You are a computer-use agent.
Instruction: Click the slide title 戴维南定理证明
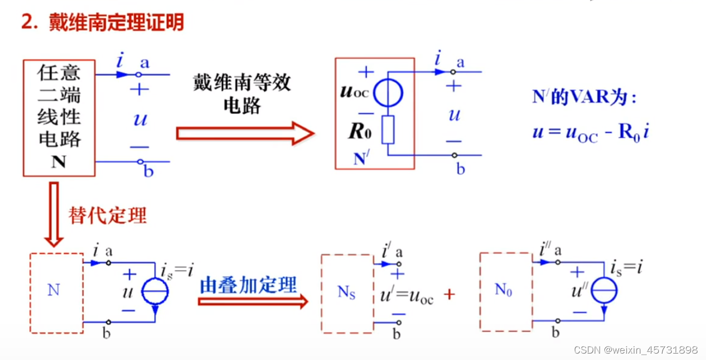[x=102, y=23]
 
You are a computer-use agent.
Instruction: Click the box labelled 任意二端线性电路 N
[x=59, y=118]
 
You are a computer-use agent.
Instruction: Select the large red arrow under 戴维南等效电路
[x=245, y=133]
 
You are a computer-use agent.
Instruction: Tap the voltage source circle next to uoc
[x=388, y=94]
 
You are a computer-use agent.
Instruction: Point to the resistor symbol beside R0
[x=388, y=129]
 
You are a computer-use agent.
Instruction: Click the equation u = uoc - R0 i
[x=590, y=132]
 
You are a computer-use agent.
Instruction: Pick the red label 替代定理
[x=107, y=215]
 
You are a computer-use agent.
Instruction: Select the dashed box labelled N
[x=56, y=293]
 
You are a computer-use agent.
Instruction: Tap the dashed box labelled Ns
[x=347, y=293]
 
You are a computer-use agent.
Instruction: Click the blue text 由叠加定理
[x=248, y=285]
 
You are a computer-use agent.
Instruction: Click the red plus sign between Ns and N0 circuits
[x=449, y=294]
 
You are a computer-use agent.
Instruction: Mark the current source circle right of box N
[x=155, y=292]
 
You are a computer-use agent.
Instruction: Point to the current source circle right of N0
[x=604, y=291]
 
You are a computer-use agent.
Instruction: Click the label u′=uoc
[x=406, y=296]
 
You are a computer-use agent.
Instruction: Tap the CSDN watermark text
[x=635, y=350]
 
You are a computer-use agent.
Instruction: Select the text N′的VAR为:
[x=584, y=97]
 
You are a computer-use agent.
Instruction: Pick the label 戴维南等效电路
[x=242, y=94]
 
